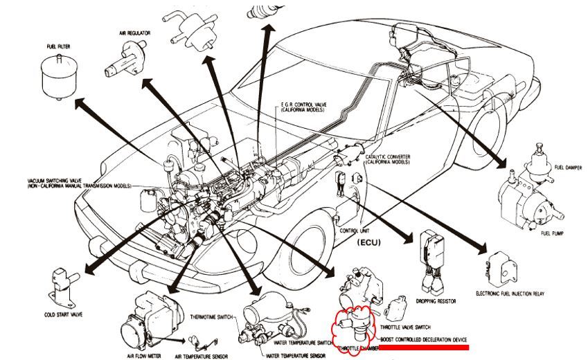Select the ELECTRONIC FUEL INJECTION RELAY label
(x=510, y=294)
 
